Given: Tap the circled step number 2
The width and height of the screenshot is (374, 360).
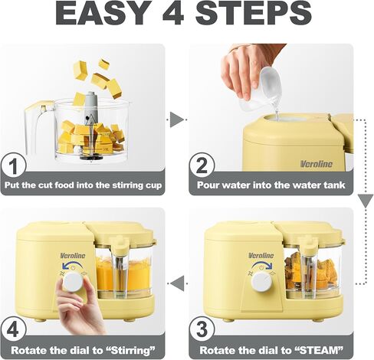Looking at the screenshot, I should click(202, 165).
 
